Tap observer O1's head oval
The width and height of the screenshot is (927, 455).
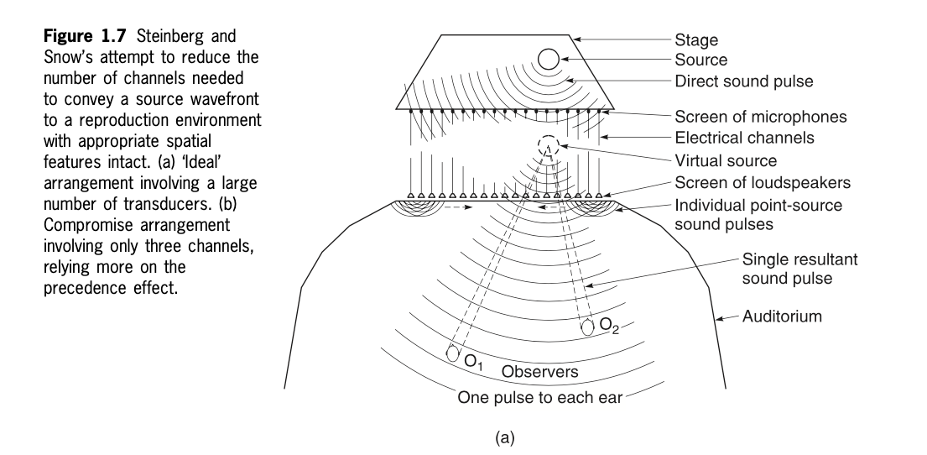coord(453,353)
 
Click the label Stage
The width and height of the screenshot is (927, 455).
coord(695,39)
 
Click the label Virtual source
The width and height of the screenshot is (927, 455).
coord(726,160)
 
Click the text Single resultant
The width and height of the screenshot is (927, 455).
coord(800,259)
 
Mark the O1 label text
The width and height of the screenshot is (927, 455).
coord(475,363)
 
